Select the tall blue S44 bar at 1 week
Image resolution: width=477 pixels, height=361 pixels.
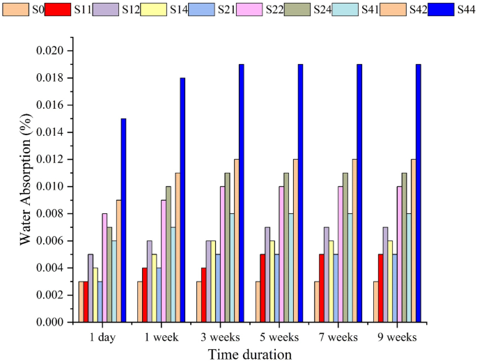182,200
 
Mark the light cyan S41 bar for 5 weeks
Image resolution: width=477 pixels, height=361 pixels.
291,268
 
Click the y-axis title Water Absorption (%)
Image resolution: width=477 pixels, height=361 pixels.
25,186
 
